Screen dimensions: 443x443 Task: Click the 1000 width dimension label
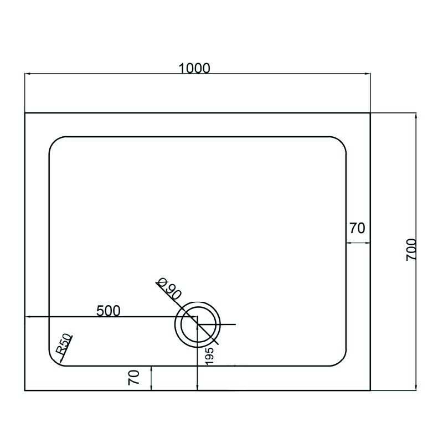coord(195,68)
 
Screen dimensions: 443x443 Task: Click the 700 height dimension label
coord(411,250)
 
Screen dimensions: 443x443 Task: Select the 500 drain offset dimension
coord(109,311)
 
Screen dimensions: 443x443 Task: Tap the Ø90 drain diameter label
coord(169,289)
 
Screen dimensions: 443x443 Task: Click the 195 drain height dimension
coord(209,356)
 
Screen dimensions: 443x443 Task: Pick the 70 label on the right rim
coord(357,228)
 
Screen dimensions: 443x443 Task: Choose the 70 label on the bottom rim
coord(133,378)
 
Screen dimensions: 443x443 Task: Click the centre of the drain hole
coord(198,324)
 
